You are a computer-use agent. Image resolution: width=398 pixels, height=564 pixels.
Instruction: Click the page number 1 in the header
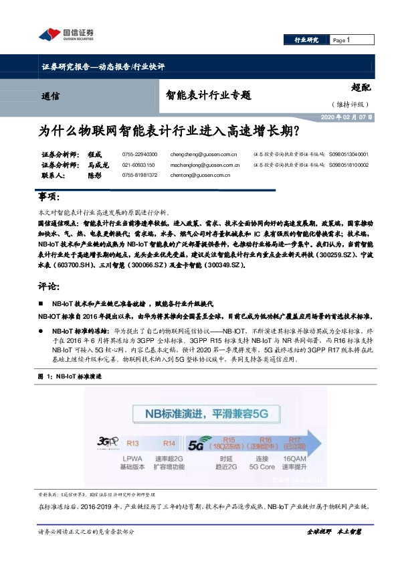pos(349,40)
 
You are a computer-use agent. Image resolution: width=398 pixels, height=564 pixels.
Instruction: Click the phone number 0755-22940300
pos(140,153)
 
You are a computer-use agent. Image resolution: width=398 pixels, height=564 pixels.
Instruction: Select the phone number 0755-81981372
pos(140,175)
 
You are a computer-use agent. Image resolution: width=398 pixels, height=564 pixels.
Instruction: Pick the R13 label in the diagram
pos(133,443)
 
